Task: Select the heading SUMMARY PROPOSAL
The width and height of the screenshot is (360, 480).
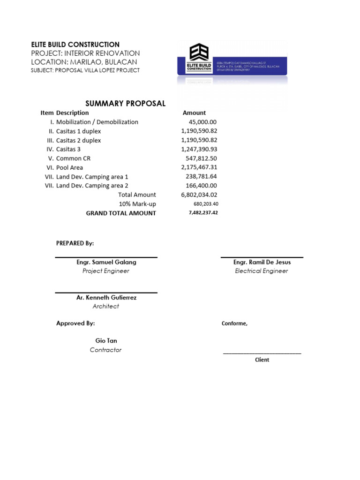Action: coord(125,104)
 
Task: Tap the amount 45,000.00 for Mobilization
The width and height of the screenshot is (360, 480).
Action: coord(202,122)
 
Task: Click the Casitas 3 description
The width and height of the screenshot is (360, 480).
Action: coord(72,149)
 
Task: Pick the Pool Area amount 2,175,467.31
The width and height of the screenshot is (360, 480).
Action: coord(199,167)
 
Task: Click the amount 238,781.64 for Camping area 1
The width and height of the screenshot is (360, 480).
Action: coord(202,177)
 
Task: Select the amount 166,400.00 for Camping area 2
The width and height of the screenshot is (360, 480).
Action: coord(202,186)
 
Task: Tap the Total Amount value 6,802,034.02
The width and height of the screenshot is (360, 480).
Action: coord(199,195)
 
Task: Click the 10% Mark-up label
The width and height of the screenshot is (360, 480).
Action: coord(137,204)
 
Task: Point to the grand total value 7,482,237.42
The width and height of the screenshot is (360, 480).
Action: coord(203,213)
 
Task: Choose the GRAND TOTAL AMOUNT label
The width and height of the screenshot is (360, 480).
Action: coord(121,213)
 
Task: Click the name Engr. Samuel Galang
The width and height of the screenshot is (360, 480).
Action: coord(106,262)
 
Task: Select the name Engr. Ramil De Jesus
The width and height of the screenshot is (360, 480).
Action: coord(262,262)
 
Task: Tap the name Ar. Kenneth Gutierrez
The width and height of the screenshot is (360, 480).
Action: coord(106,298)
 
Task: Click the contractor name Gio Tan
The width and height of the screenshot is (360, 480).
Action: coord(106,341)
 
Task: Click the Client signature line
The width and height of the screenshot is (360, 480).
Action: coord(262,353)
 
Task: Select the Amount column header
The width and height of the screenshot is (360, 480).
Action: coord(194,113)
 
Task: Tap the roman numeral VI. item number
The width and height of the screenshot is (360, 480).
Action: coord(48,167)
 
